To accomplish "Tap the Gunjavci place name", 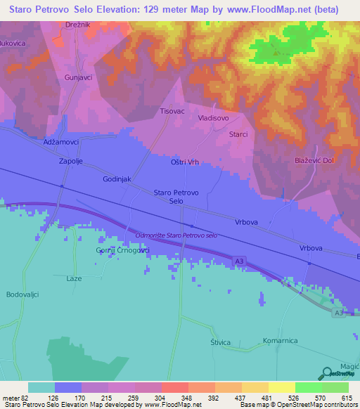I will (78, 77).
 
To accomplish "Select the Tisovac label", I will (173, 111).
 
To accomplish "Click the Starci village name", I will (238, 134).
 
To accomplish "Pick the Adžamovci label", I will (60, 141).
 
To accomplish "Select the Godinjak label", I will (117, 180).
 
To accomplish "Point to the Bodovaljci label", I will (22, 294).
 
